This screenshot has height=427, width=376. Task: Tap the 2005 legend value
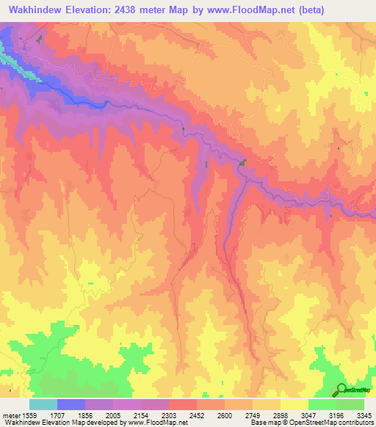pos(115,415)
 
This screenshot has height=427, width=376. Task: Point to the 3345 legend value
pos(363,415)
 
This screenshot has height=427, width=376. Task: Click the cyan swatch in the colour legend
pos(43,404)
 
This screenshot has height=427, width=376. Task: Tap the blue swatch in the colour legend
pos(71,404)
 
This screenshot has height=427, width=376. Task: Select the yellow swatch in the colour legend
pos(294,404)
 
